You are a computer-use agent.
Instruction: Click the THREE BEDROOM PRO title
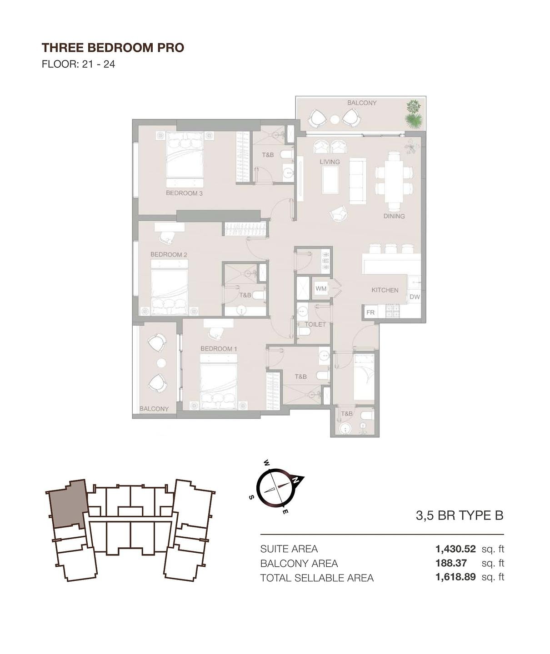click(x=113, y=48)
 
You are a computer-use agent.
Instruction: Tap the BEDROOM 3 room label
click(x=184, y=193)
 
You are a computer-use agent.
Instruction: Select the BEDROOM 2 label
click(x=169, y=255)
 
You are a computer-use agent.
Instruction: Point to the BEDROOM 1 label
click(x=219, y=349)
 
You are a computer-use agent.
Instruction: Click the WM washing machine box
click(x=321, y=288)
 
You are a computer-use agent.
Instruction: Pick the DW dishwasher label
click(x=415, y=297)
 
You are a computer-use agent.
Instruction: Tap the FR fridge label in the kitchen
click(x=370, y=312)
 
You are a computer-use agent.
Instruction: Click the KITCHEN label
click(x=385, y=290)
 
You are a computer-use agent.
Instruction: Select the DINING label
click(x=394, y=216)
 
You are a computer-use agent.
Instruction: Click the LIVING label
click(x=330, y=162)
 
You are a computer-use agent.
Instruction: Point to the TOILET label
click(x=315, y=324)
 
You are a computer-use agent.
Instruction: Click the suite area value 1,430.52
click(x=455, y=549)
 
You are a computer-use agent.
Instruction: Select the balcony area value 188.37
click(x=451, y=563)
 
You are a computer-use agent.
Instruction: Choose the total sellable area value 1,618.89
click(x=455, y=577)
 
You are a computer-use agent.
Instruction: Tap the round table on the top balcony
click(x=335, y=119)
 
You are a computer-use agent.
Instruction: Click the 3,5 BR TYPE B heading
click(x=460, y=515)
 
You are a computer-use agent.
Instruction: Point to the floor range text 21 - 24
click(x=99, y=64)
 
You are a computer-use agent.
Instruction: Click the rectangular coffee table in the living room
click(x=330, y=180)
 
